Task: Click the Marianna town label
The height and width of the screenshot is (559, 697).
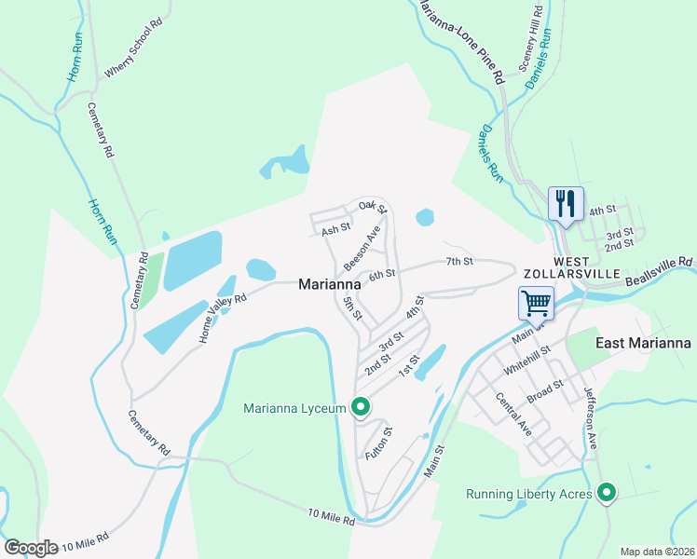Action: click(x=330, y=284)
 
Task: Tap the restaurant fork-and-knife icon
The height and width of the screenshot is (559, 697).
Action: click(x=566, y=203)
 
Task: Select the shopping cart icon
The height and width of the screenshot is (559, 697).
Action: click(x=536, y=302)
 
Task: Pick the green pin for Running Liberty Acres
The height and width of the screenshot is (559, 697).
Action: click(x=608, y=492)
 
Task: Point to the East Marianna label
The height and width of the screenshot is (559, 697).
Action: click(x=643, y=343)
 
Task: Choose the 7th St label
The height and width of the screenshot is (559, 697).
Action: click(x=459, y=262)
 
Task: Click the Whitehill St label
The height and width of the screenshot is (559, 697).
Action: click(x=528, y=360)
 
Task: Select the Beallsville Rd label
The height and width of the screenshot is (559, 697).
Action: click(x=661, y=270)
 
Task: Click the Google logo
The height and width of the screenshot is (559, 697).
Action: click(x=31, y=547)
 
